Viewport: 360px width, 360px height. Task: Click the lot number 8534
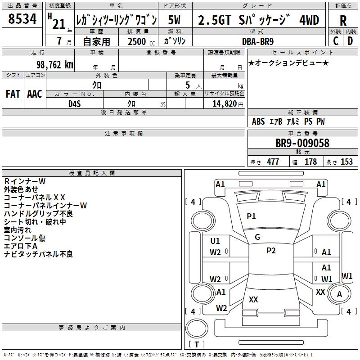tap(22, 18)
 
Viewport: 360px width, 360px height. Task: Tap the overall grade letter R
tap(343, 21)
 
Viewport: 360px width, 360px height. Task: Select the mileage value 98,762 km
tap(55, 65)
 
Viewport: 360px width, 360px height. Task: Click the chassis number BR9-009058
tap(302, 143)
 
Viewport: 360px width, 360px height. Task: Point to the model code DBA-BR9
tap(257, 41)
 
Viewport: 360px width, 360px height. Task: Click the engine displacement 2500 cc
tap(141, 41)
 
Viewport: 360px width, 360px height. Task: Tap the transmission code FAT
tap(13, 94)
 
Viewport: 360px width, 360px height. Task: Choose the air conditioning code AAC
tap(35, 94)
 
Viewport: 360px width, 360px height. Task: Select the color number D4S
tap(75, 104)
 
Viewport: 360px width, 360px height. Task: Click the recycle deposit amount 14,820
tap(224, 104)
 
